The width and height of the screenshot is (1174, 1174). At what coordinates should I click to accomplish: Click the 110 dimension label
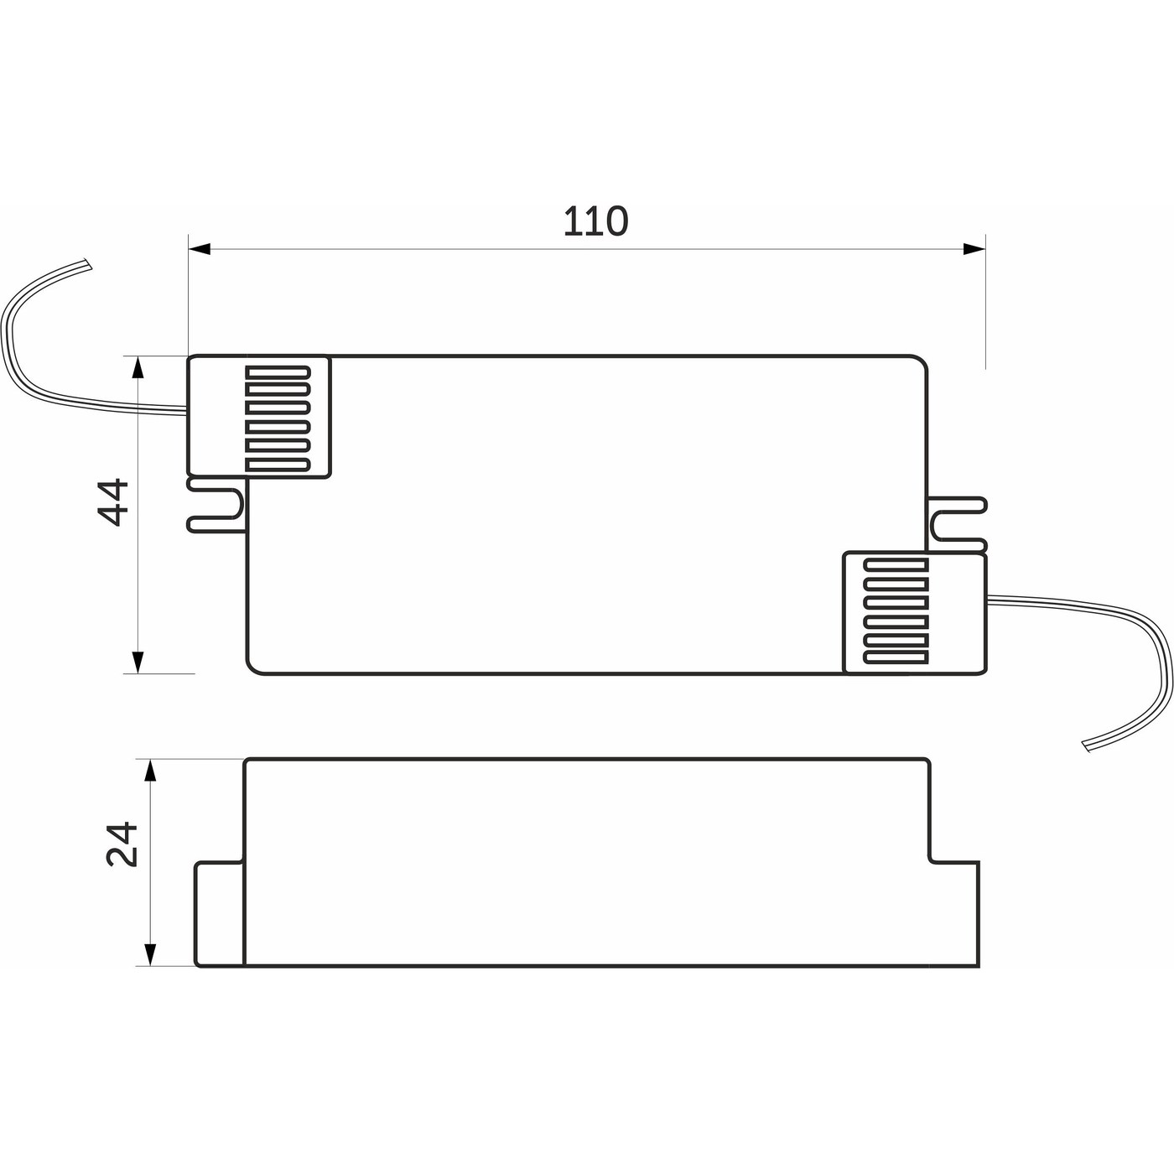click(x=595, y=221)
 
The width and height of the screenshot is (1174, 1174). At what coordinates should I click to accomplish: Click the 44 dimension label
click(x=114, y=502)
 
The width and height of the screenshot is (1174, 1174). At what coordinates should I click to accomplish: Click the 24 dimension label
click(x=122, y=844)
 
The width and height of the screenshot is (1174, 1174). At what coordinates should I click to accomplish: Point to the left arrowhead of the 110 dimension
click(x=200, y=249)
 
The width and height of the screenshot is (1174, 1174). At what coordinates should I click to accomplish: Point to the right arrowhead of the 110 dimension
click(x=974, y=249)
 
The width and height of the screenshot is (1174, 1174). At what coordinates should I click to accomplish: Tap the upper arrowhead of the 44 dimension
click(x=138, y=367)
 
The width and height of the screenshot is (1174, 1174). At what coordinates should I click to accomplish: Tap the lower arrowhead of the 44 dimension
click(x=138, y=662)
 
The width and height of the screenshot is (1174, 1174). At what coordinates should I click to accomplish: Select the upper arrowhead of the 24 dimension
click(x=150, y=771)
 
